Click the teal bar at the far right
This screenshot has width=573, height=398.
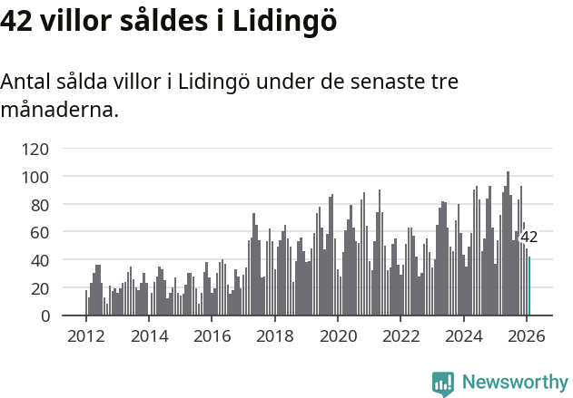(x=529, y=286)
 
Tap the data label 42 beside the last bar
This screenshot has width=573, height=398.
(x=529, y=238)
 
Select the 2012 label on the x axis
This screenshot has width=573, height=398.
(x=86, y=335)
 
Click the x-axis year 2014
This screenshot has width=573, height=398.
(x=149, y=335)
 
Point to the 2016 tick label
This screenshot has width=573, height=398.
(x=212, y=335)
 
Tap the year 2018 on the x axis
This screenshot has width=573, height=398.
(x=274, y=335)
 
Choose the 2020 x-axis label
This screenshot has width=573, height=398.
(x=338, y=335)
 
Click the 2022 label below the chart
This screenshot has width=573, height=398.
(x=400, y=335)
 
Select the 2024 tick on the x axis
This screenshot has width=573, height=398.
(x=463, y=335)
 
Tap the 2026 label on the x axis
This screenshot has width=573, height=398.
(x=526, y=335)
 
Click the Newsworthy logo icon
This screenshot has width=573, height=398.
(x=443, y=383)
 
